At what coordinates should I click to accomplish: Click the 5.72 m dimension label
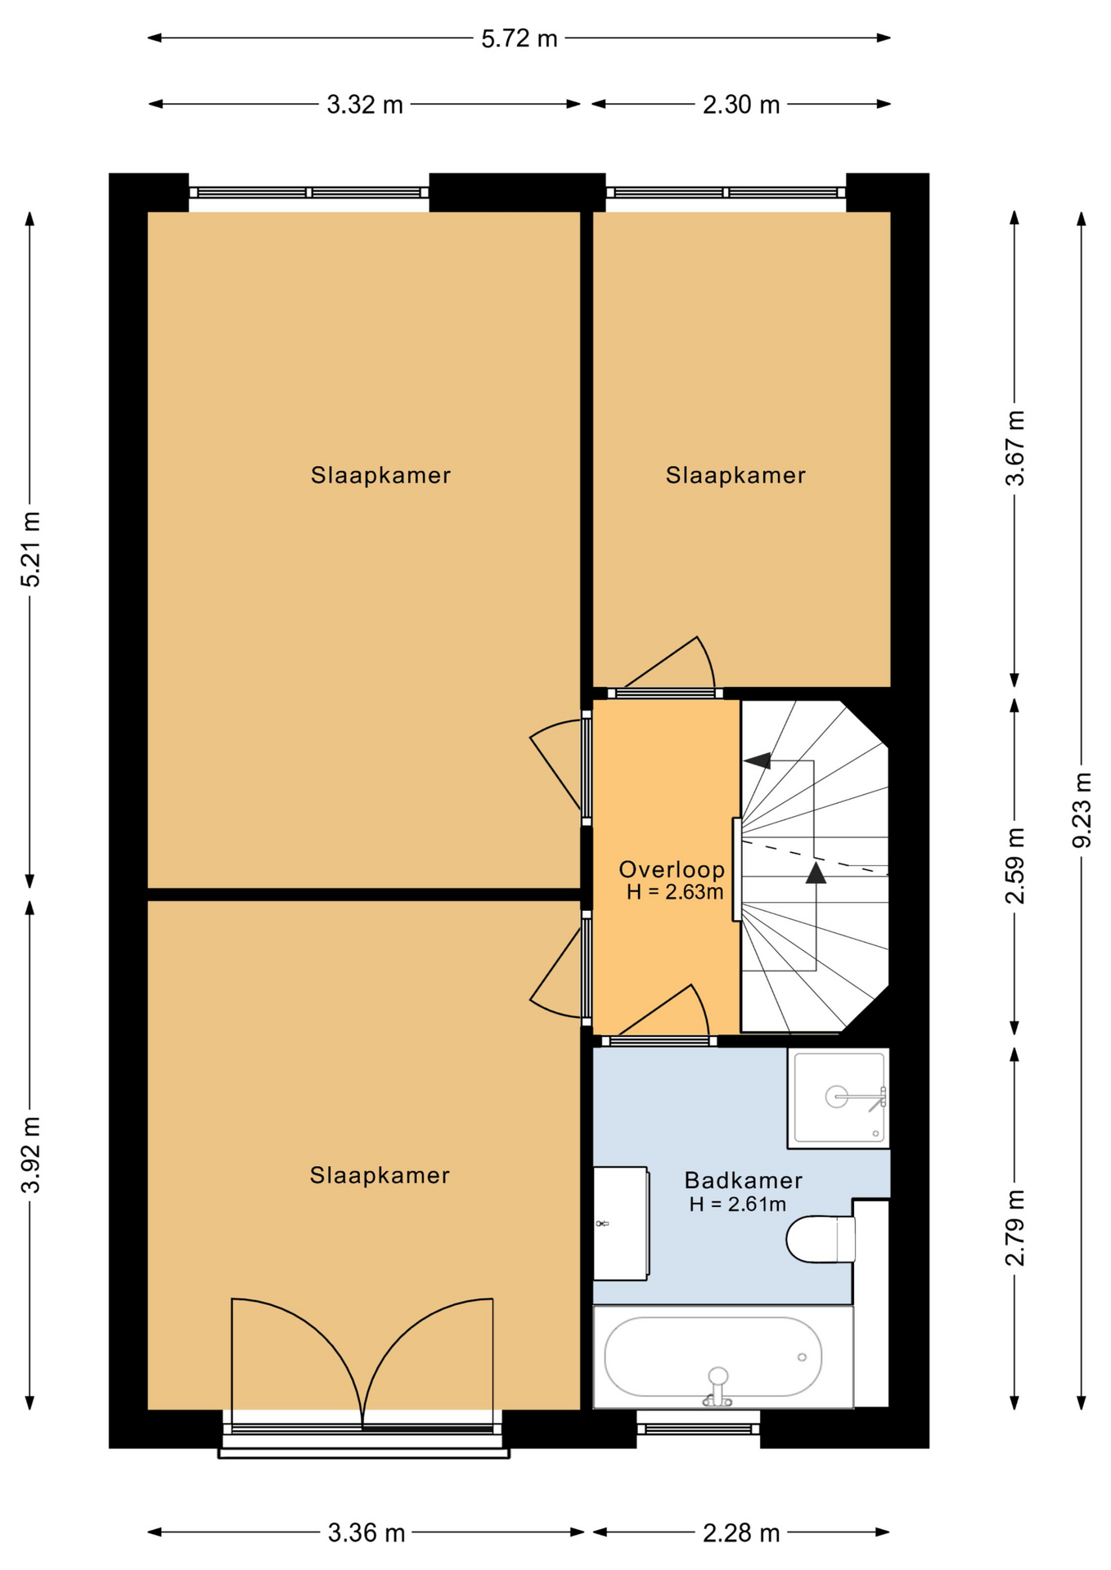click(519, 38)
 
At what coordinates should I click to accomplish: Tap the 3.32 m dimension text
click(365, 105)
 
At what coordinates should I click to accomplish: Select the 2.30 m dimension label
click(741, 105)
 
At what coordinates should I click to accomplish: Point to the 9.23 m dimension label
click(1082, 810)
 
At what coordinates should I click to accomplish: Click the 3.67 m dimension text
click(1015, 448)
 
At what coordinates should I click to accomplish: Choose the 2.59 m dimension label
click(1015, 866)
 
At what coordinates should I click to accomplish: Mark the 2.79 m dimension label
click(1015, 1227)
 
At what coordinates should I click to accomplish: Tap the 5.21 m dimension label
click(31, 549)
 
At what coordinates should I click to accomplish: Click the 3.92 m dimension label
click(31, 1155)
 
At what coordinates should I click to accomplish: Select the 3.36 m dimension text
click(367, 1532)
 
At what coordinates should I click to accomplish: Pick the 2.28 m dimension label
click(741, 1532)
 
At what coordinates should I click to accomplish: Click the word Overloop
click(672, 869)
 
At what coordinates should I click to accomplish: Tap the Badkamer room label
click(743, 1180)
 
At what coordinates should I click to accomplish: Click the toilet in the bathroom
click(821, 1239)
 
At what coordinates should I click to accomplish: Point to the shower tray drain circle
click(836, 1097)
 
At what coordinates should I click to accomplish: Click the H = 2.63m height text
click(675, 892)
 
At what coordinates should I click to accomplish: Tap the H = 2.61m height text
click(737, 1204)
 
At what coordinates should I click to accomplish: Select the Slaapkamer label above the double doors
click(380, 1175)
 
